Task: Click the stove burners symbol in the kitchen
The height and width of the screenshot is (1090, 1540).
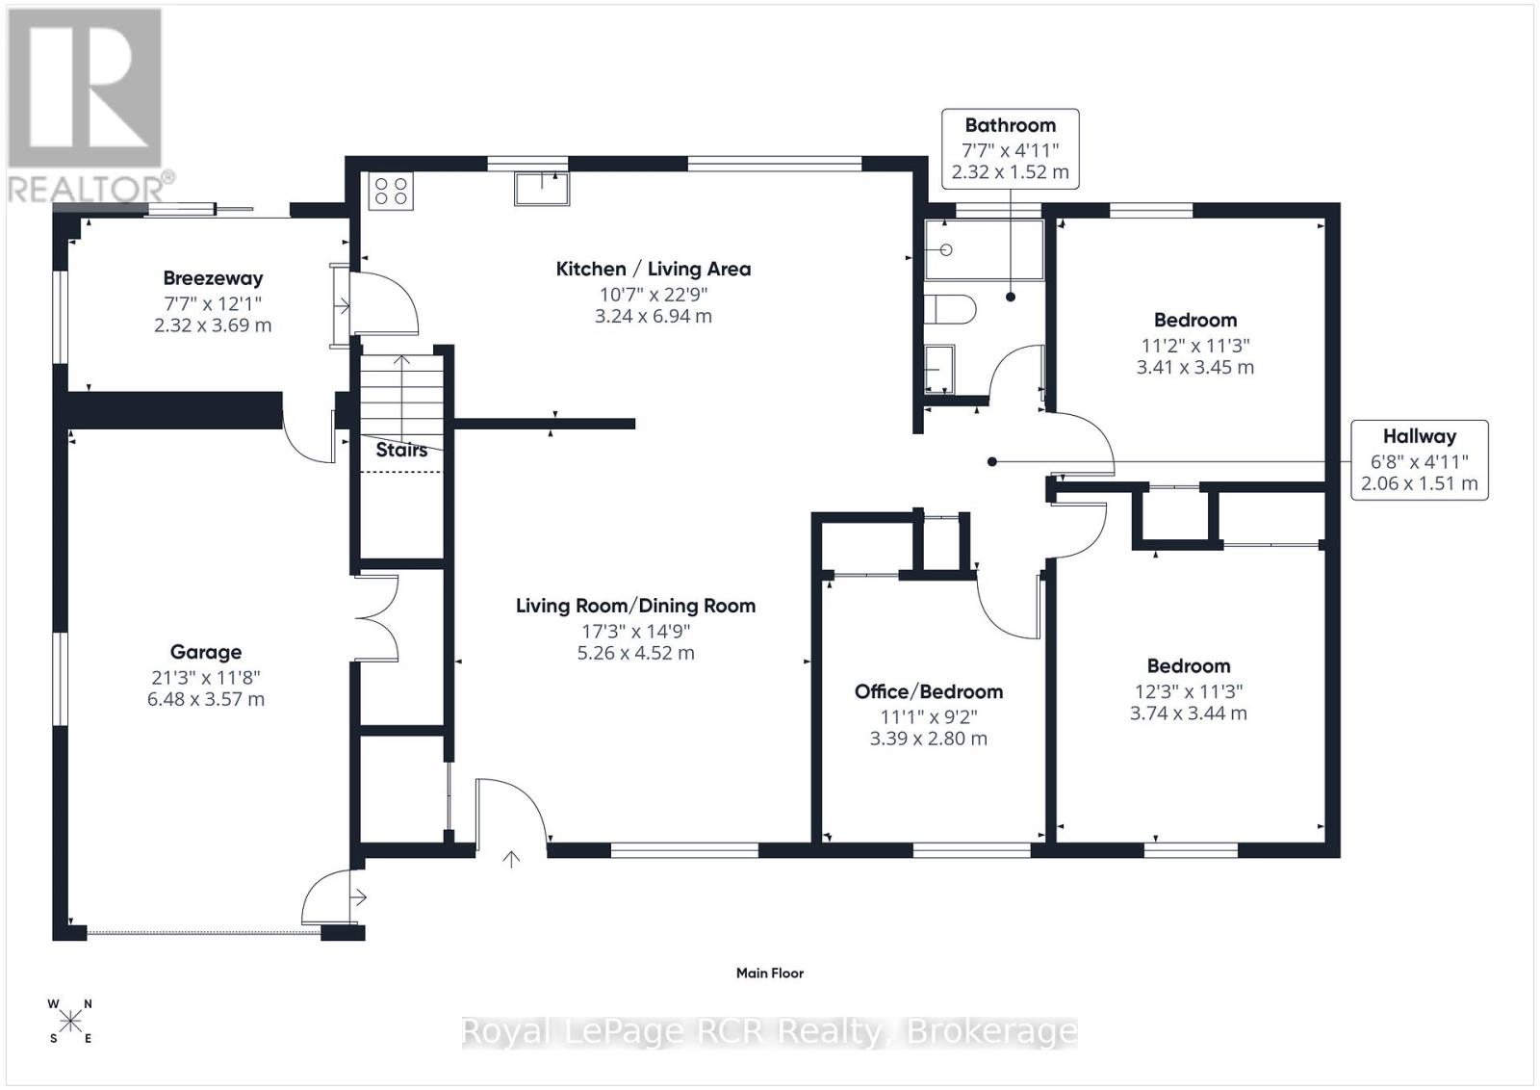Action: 391,191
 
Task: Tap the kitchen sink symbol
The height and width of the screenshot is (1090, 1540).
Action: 541,188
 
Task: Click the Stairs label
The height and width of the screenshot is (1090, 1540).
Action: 401,450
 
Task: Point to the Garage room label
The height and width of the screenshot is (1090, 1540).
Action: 205,652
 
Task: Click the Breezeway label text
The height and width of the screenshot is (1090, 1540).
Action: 213,278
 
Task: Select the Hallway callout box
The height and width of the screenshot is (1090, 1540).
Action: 1419,460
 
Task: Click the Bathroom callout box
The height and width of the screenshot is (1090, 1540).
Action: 1010,148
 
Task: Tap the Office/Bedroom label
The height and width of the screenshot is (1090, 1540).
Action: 928,691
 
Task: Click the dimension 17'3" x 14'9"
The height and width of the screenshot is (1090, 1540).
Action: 635,631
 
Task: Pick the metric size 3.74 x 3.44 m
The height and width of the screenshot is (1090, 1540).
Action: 1188,714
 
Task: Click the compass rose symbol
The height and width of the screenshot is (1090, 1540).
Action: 70,1021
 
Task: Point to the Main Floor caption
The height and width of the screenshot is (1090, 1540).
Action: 769,973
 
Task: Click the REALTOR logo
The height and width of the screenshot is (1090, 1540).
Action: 87,106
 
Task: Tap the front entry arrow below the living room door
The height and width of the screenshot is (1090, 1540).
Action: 511,859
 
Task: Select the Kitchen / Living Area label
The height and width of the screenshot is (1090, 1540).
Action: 653,269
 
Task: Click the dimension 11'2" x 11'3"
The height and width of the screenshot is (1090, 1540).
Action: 1194,344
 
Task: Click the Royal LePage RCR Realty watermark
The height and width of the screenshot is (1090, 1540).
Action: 769,1031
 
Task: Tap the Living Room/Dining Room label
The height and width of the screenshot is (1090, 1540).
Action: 635,606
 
